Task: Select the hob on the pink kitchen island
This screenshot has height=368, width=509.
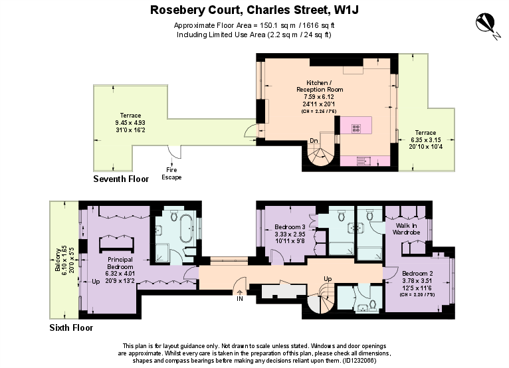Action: (x=356, y=128)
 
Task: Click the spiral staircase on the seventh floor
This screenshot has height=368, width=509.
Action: (x=321, y=157)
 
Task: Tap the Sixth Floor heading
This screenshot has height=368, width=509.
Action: (x=71, y=327)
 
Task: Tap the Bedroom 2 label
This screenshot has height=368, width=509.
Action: (x=419, y=274)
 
